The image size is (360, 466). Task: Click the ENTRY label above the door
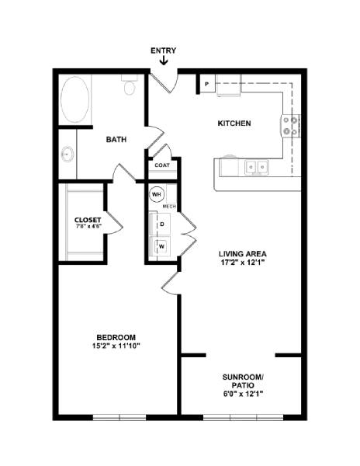coord(163,50)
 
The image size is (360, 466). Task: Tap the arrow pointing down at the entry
coord(164,61)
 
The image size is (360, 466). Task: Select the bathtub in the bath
coord(74,99)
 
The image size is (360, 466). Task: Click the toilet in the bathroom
coord(130,85)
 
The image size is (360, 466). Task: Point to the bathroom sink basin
coord(67,154)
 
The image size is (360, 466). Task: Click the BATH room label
coord(116,139)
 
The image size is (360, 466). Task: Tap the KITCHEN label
coord(234,123)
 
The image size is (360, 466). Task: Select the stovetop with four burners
coord(290,126)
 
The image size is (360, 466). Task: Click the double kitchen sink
coord(256,167)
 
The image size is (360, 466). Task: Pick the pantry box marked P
coord(207,84)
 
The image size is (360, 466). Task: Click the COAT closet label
coord(162,165)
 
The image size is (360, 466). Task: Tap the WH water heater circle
coord(157,194)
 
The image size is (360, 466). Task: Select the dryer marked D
coord(161,224)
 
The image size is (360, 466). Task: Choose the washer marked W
coord(161,246)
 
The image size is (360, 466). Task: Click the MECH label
coord(169,207)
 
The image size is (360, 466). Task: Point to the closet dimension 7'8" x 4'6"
coord(88,226)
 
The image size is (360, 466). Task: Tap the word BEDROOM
coord(116,338)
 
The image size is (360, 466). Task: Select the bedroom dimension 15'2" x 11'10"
coord(116,346)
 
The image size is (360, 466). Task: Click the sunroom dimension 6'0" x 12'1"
coord(243,394)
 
